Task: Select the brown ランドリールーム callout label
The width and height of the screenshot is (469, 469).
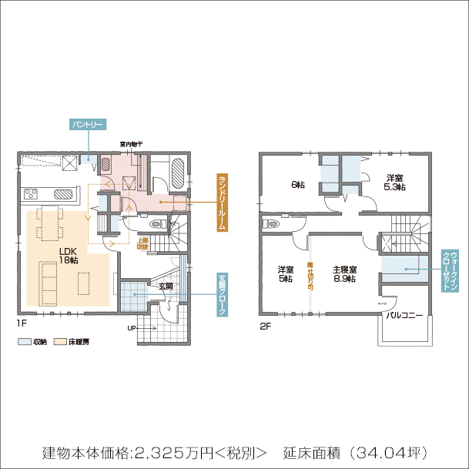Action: coord(221,202)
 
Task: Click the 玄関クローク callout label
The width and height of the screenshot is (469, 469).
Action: coord(221,293)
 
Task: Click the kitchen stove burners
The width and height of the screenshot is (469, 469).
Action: coord(61,193)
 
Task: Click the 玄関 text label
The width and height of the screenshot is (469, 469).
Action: coord(166,286)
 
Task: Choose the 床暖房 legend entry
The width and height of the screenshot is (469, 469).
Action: coord(72,341)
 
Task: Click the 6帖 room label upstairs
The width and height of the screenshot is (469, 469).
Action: coord(297,184)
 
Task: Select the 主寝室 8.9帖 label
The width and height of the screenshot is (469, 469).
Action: coord(344,274)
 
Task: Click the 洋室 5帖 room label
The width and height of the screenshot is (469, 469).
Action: coord(285,274)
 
